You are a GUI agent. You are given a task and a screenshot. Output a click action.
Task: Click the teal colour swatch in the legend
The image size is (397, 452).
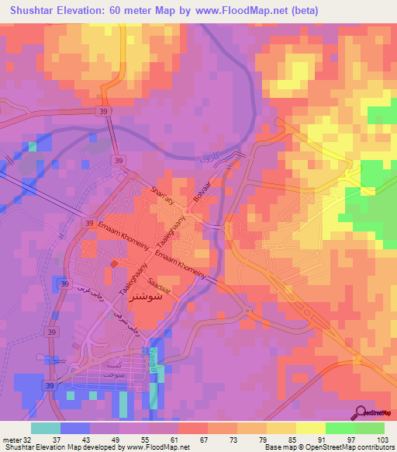[46, 428]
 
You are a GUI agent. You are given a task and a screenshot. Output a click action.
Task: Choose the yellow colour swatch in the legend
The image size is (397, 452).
[310, 428]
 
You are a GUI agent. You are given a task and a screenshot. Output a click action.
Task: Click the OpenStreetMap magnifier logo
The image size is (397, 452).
[361, 412]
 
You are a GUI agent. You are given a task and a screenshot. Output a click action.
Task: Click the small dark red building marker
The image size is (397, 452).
[115, 264]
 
